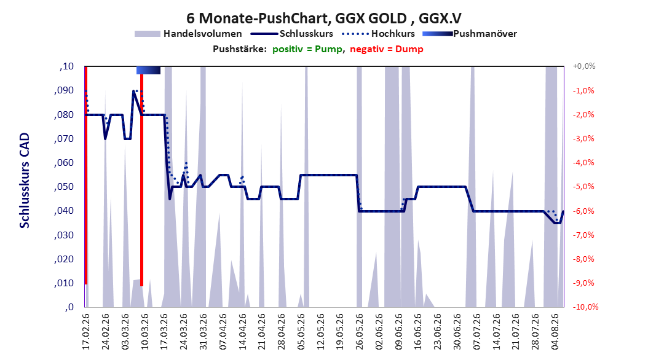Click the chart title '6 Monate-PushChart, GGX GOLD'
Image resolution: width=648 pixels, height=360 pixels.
tap(297, 18)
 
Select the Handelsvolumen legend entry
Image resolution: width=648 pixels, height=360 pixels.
tap(189, 34)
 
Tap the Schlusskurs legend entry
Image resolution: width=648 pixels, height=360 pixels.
tap(292, 34)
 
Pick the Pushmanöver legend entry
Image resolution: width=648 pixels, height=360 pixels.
tap(470, 34)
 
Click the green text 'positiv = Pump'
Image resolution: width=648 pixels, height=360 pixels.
tap(307, 49)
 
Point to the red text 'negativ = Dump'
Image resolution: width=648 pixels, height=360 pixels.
tap(387, 49)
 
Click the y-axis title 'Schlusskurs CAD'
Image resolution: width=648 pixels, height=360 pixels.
tap(25, 181)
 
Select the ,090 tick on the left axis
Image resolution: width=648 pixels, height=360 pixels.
tap(64, 90)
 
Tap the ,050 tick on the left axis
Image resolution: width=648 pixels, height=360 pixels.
tap(64, 187)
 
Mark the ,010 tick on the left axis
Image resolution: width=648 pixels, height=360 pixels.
tap(64, 283)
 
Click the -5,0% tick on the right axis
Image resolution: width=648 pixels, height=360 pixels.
tap(583, 187)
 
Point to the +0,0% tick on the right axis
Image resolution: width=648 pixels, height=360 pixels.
tap(584, 66)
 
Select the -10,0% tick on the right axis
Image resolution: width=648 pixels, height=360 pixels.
tap(585, 307)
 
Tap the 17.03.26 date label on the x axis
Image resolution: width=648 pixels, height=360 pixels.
tap(164, 332)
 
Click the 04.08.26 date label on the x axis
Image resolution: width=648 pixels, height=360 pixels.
tap(555, 332)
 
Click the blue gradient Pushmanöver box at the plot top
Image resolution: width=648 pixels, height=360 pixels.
tap(148, 70)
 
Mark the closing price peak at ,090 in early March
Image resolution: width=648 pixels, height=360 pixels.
tap(133, 91)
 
